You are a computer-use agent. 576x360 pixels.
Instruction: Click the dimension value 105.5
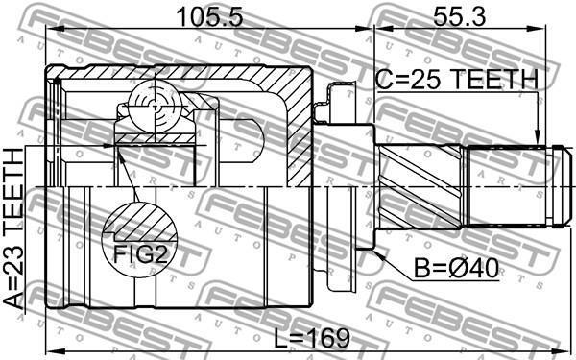coord(209,17)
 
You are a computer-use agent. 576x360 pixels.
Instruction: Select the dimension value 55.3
coord(460,17)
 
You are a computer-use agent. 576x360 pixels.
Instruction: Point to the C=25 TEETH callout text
coord(457,80)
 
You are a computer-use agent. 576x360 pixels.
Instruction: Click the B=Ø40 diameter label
coord(456,269)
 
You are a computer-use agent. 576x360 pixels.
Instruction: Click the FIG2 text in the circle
coord(140,254)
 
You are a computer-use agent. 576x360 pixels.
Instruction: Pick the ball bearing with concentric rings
coord(155,107)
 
